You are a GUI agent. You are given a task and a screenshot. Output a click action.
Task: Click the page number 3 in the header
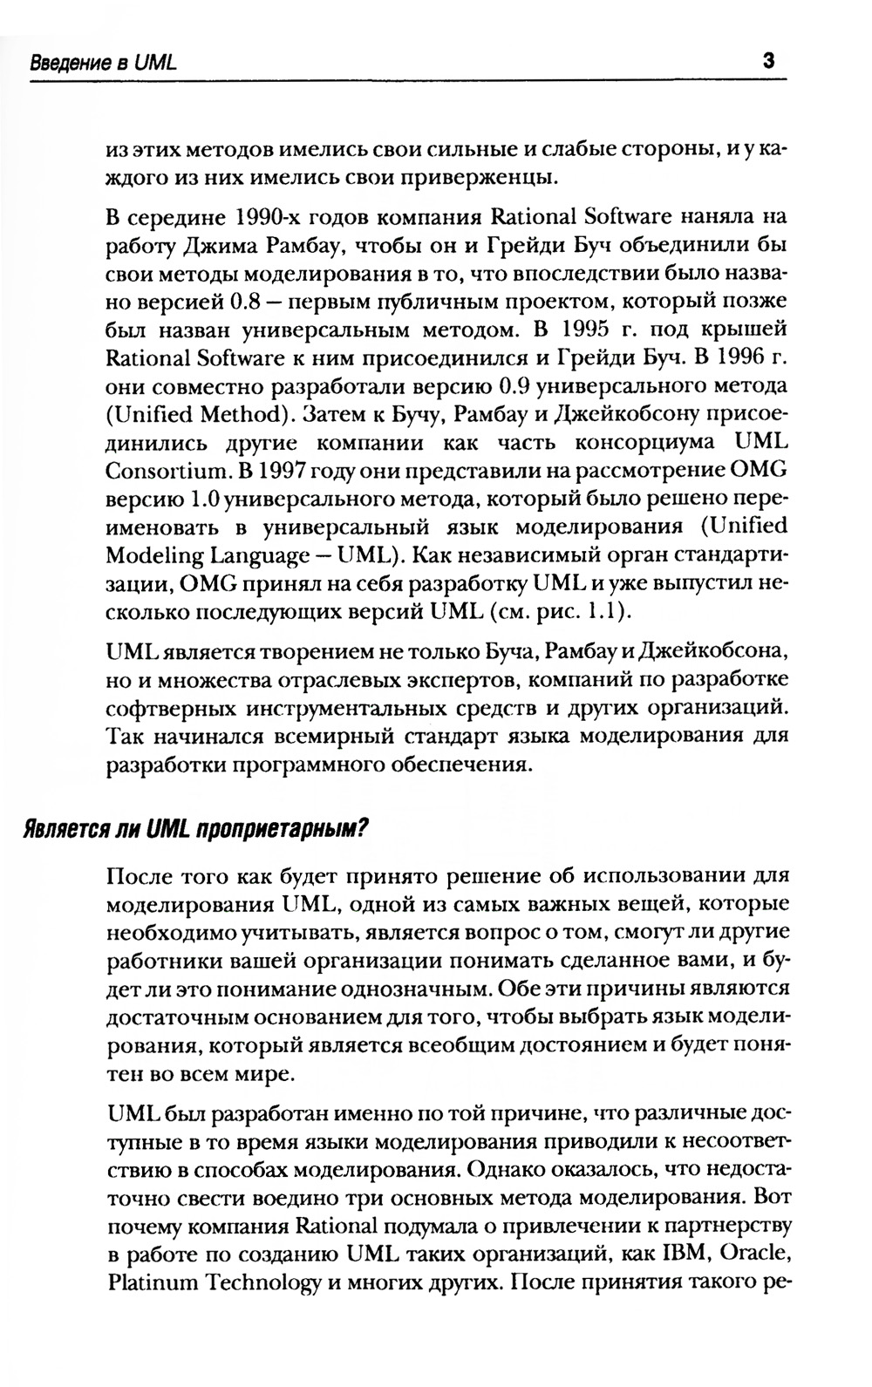[x=768, y=61]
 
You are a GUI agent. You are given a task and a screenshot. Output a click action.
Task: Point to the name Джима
[x=221, y=245]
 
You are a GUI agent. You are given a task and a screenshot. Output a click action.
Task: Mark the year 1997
[x=269, y=471]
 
